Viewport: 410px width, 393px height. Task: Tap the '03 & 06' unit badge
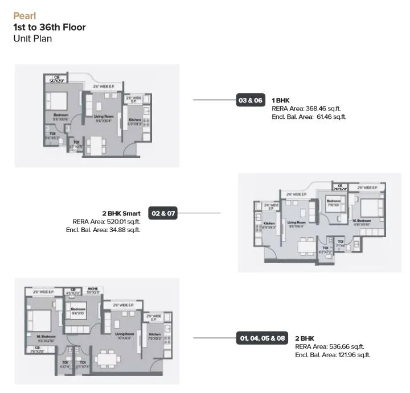coord(251,100)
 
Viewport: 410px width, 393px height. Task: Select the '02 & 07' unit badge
coord(163,214)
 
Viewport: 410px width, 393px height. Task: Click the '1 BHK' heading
coord(281,100)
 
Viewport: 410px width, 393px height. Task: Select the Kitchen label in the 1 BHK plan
coord(135,120)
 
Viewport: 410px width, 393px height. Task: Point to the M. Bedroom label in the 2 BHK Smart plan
coord(362,220)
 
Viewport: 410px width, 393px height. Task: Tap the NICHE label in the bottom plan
coord(93,289)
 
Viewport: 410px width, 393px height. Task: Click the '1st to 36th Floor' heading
coord(49,27)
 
